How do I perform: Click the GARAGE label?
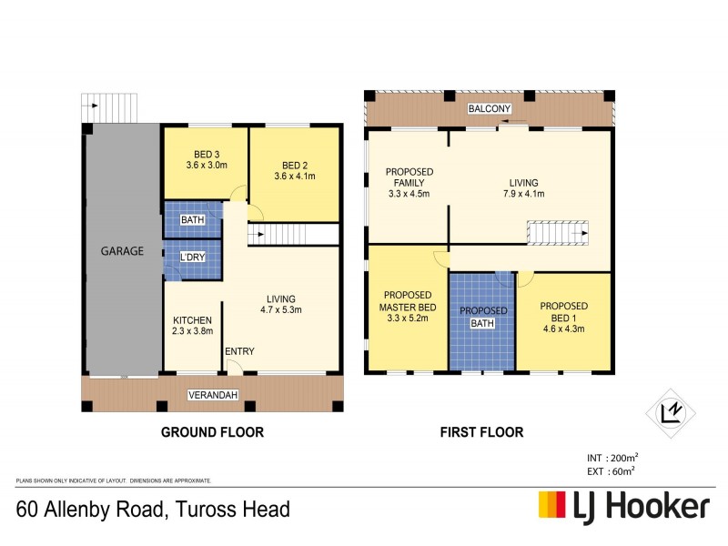122,251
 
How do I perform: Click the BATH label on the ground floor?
192,220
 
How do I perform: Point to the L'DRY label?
192,258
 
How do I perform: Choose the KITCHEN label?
193,320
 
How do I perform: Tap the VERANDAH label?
214,395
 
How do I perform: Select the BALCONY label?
488,109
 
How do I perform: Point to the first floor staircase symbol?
558,234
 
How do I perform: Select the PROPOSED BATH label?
482,317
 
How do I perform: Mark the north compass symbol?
671,414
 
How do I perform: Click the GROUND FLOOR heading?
212,432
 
